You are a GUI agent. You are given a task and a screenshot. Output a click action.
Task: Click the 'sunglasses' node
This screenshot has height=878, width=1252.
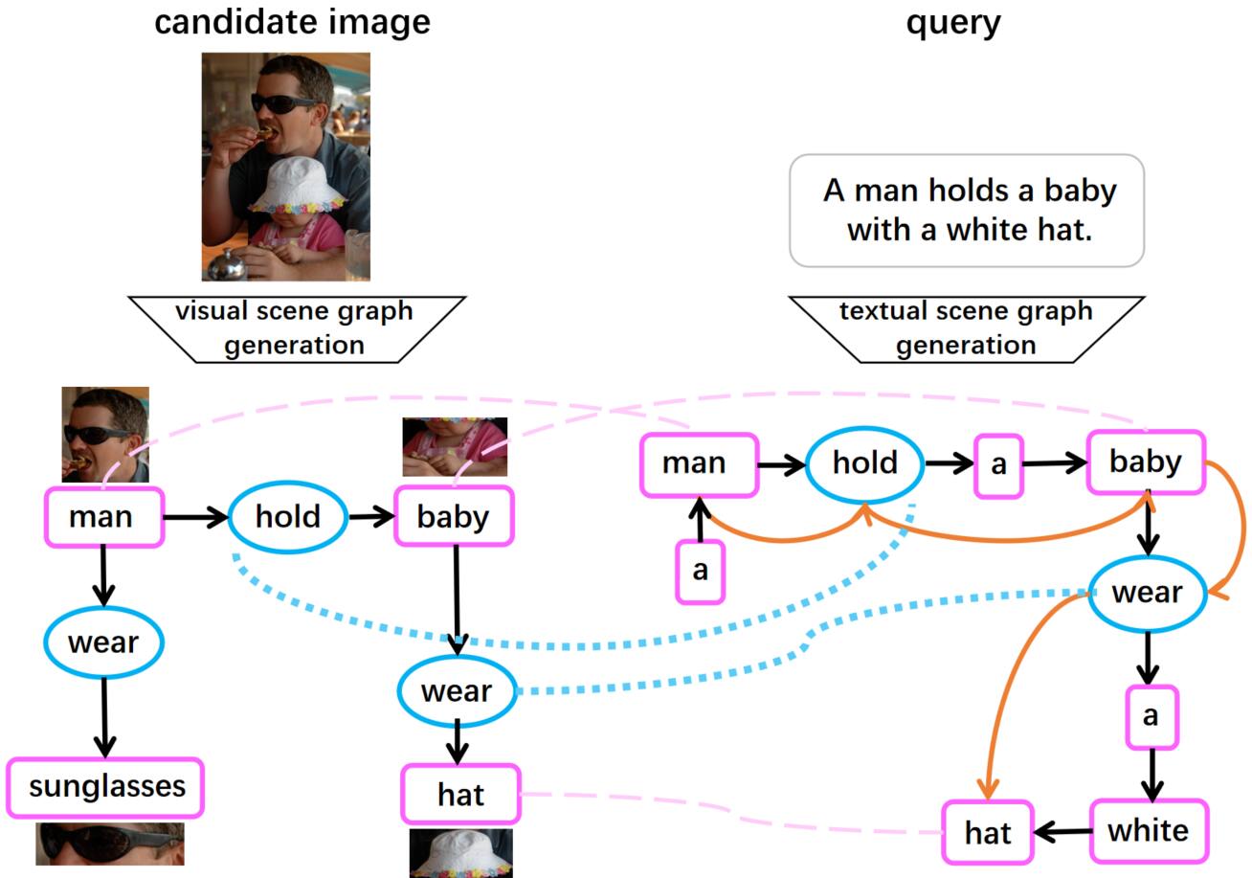coord(106,787)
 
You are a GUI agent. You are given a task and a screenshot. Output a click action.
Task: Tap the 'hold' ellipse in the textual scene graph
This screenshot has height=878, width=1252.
coord(865,463)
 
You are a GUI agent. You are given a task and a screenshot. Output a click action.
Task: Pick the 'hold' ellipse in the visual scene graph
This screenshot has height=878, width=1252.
coord(287,517)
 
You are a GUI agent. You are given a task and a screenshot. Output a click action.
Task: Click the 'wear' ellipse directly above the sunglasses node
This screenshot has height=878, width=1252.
coord(103,642)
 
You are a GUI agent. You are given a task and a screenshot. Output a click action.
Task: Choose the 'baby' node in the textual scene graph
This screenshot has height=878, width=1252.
coord(1146,462)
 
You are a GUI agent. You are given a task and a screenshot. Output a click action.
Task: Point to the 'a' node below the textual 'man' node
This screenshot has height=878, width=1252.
coord(700,572)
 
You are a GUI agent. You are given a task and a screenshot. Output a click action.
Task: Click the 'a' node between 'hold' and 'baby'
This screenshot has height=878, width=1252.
coord(998,465)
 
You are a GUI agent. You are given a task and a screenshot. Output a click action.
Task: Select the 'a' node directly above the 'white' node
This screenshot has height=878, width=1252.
coord(1151,716)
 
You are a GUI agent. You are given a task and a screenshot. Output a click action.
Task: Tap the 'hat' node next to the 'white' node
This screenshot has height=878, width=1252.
coord(988,833)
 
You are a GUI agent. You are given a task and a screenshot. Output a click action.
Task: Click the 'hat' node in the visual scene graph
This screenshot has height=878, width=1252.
coord(460,795)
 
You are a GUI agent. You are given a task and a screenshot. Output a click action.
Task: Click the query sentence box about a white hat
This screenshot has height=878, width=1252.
coord(967,210)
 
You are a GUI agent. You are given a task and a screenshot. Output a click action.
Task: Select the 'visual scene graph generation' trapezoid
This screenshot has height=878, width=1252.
coord(295,328)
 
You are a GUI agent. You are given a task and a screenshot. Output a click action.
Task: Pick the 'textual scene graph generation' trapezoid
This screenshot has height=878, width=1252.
coord(965,328)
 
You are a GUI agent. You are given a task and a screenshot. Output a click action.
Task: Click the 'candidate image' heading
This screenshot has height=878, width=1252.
coord(292,21)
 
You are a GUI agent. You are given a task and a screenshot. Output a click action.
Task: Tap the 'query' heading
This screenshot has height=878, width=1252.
coord(953,21)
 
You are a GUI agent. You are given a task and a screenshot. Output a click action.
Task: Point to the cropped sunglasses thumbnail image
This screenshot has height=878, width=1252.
coord(109,844)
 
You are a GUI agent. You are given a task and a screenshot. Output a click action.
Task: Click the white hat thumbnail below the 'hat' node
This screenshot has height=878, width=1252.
coord(460,852)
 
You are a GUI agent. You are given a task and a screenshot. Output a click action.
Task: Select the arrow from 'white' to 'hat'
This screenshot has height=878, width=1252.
coord(1062,831)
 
